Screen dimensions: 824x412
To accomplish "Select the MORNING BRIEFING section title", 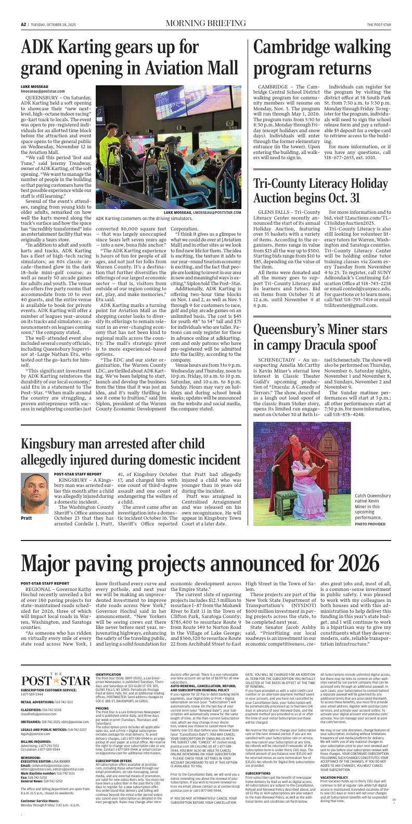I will (205, 24).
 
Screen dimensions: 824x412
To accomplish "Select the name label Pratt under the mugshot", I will (27, 519).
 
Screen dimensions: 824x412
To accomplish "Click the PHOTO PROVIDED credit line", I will (370, 524).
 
